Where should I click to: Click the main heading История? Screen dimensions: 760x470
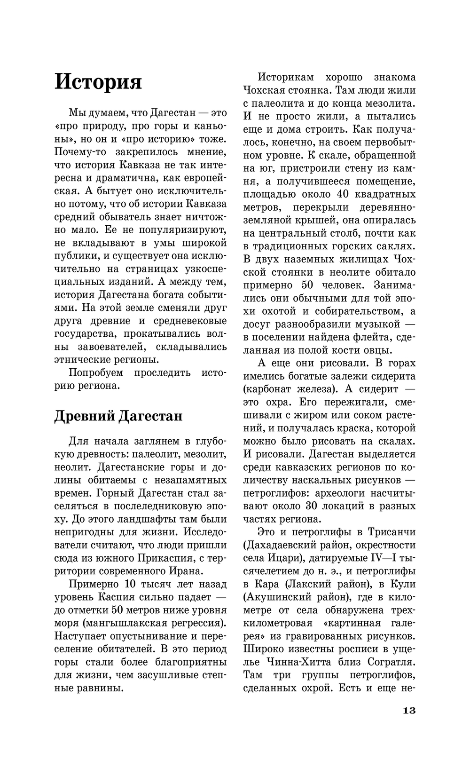click(98, 82)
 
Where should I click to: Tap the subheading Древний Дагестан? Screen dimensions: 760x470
click(118, 416)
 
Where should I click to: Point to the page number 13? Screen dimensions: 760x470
click(409, 710)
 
